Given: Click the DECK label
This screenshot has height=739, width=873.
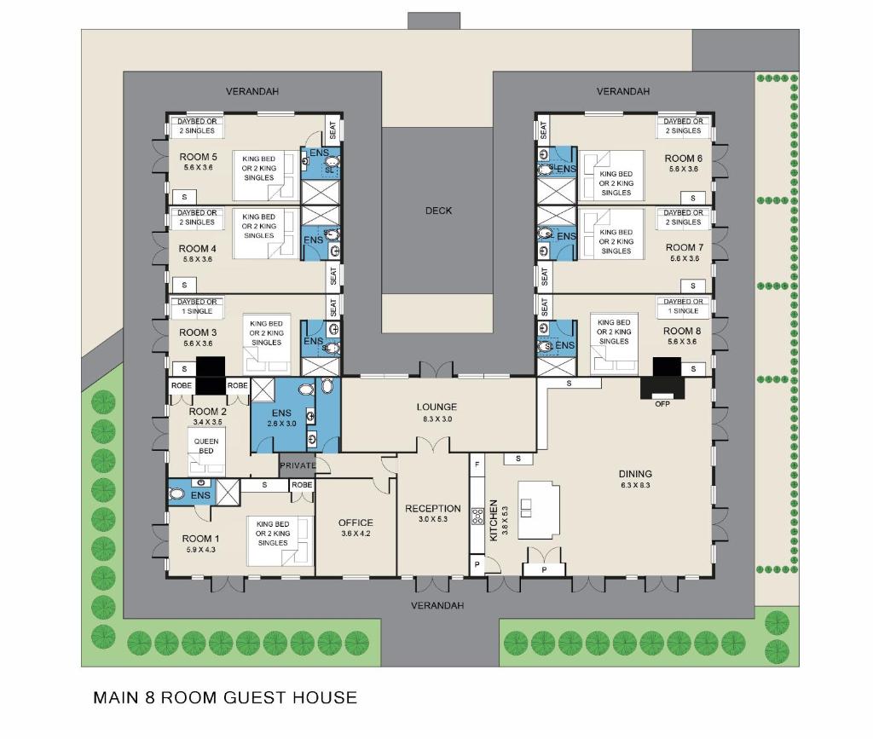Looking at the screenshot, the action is point(439,211).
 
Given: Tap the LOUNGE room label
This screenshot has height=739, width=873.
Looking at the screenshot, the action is point(436,407).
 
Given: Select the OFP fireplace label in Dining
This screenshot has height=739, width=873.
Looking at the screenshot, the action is point(662,404).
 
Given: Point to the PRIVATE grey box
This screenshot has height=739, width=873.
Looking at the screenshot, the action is point(298,465).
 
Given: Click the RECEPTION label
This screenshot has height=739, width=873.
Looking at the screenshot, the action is point(433,509).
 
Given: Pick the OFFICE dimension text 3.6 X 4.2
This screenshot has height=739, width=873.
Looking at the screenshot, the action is point(356,534).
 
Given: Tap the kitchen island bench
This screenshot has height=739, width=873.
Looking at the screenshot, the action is point(539,510).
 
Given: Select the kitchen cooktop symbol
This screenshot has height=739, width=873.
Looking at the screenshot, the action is point(477,517).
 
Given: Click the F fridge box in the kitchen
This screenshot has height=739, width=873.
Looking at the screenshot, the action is point(477,464).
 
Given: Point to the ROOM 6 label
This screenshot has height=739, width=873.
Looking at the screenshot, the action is point(683,159).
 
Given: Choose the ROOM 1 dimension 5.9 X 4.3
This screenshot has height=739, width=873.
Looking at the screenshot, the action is point(201,550).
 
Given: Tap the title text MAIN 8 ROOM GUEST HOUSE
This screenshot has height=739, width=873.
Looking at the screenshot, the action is point(225,698).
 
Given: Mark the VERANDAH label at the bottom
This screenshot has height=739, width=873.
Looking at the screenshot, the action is point(437,605).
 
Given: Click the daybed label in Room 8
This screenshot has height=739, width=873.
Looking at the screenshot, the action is point(683,306).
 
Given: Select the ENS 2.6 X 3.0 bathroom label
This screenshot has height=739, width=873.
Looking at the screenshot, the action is point(281,418).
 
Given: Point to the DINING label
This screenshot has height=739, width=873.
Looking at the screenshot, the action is point(635,474).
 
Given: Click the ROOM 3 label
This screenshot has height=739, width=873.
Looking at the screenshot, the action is point(198,332).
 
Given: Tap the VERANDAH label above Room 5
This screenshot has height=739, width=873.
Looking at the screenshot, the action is point(252,91).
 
